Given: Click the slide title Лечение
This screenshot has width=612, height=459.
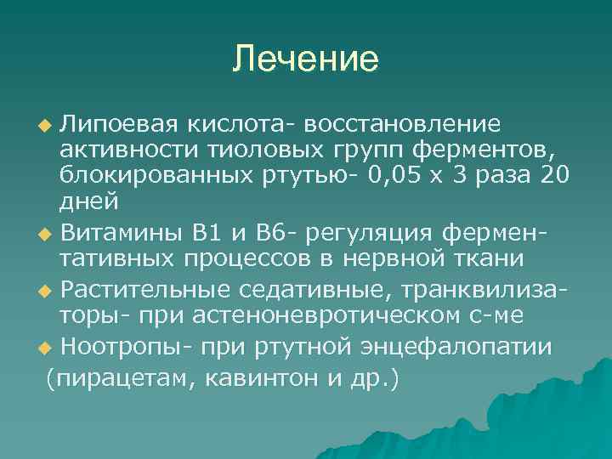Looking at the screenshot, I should click(x=306, y=59).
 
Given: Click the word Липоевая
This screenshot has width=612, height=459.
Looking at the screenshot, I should click(x=121, y=126).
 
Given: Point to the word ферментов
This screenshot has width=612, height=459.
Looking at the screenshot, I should click(x=484, y=151).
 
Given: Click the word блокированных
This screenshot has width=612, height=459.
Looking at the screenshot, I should click(x=151, y=177).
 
